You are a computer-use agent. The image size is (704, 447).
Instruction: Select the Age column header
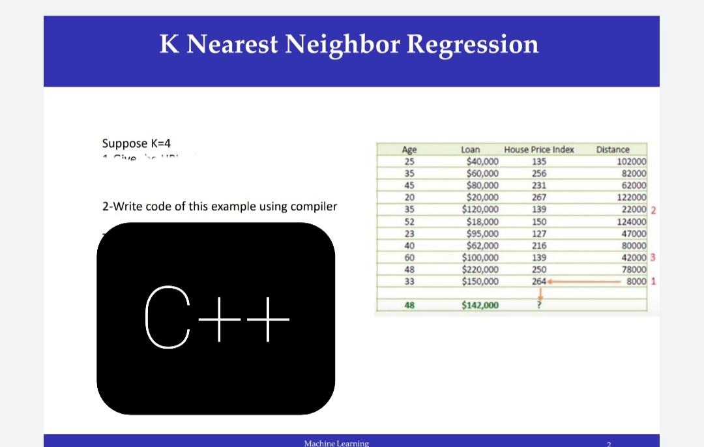[x=409, y=149]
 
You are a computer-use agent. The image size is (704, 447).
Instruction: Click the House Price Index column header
[x=538, y=149]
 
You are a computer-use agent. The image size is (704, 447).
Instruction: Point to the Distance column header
[x=613, y=149]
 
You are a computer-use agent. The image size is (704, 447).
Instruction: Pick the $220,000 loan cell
[x=480, y=269]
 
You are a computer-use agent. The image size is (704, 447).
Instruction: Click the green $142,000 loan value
[x=480, y=305]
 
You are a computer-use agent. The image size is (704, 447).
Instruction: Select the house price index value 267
[x=539, y=197]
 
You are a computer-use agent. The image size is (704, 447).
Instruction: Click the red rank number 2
[x=653, y=209]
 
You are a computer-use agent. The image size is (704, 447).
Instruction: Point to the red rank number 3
[x=653, y=257]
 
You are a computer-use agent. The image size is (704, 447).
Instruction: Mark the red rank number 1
[x=653, y=281]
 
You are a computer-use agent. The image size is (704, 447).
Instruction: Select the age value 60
[x=409, y=257]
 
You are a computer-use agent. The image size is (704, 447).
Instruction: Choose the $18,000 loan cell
[x=483, y=221]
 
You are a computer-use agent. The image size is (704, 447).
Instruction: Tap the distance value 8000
[x=636, y=281]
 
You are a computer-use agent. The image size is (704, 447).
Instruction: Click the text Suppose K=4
[x=136, y=143]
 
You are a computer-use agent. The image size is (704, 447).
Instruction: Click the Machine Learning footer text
[x=336, y=443]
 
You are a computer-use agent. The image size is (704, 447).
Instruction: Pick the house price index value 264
[x=538, y=281]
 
